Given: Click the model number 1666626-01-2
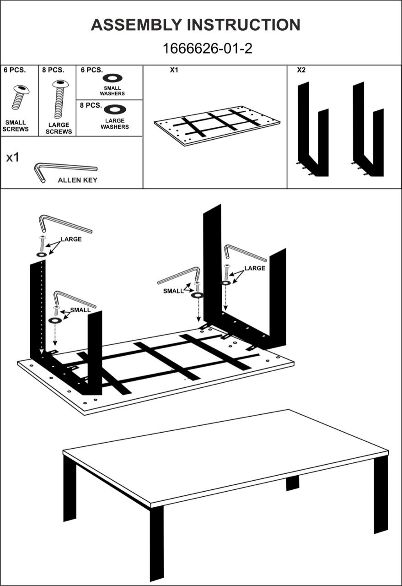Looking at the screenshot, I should [x=207, y=49].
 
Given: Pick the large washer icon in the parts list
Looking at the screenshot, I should [x=115, y=109].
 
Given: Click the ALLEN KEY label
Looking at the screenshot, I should [x=77, y=180].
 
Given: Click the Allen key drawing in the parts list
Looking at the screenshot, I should [x=64, y=169].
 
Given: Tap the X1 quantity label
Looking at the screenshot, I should [x=174, y=71].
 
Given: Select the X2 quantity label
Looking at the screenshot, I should [x=301, y=71].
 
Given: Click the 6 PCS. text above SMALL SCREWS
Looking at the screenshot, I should [x=15, y=71].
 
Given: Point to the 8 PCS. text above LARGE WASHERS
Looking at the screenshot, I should [x=91, y=105].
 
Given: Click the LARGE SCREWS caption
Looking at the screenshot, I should [x=59, y=128].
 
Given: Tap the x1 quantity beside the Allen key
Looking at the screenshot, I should [x=13, y=158].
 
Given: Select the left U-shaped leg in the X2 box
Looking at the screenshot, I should [x=313, y=133].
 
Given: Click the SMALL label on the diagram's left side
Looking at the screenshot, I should [x=80, y=310].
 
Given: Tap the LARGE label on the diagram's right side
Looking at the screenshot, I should [x=254, y=268].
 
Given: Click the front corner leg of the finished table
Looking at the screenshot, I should [x=156, y=540].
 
